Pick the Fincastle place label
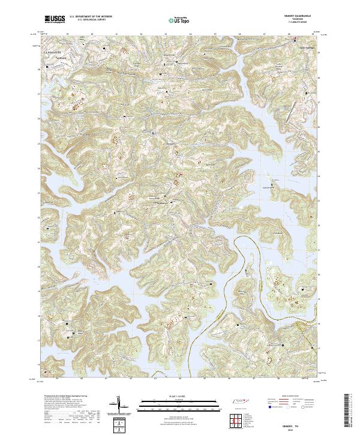click(52, 58)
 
